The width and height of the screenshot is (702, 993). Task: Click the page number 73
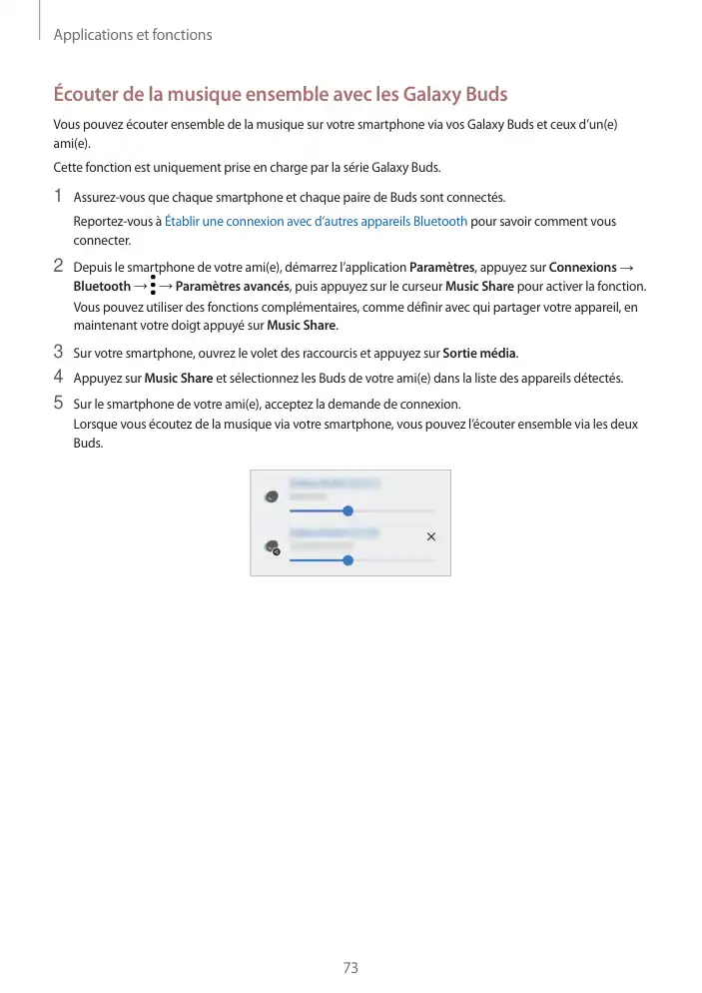[350, 968]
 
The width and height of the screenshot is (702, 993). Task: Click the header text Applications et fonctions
[133, 35]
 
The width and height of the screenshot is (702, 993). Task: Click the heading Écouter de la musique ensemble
[280, 96]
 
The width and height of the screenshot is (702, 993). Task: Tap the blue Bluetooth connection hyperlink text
[316, 221]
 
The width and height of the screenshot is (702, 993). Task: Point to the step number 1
[59, 196]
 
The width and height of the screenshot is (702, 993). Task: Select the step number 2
[59, 267]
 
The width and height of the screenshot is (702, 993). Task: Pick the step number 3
[59, 352]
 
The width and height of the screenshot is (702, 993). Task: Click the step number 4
[59, 378]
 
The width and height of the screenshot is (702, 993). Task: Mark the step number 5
[59, 404]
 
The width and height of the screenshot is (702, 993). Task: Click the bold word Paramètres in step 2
[441, 268]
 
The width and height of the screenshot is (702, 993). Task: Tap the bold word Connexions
[583, 268]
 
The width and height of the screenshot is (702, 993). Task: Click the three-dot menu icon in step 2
[153, 287]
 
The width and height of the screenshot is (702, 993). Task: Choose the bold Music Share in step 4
[179, 379]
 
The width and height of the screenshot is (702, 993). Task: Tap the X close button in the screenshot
[431, 537]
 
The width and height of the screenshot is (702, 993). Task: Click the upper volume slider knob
[348, 510]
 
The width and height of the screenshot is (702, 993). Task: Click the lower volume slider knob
[348, 560]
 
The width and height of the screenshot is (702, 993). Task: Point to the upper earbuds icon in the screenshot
[271, 496]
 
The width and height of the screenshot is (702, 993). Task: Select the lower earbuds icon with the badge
[271, 547]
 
